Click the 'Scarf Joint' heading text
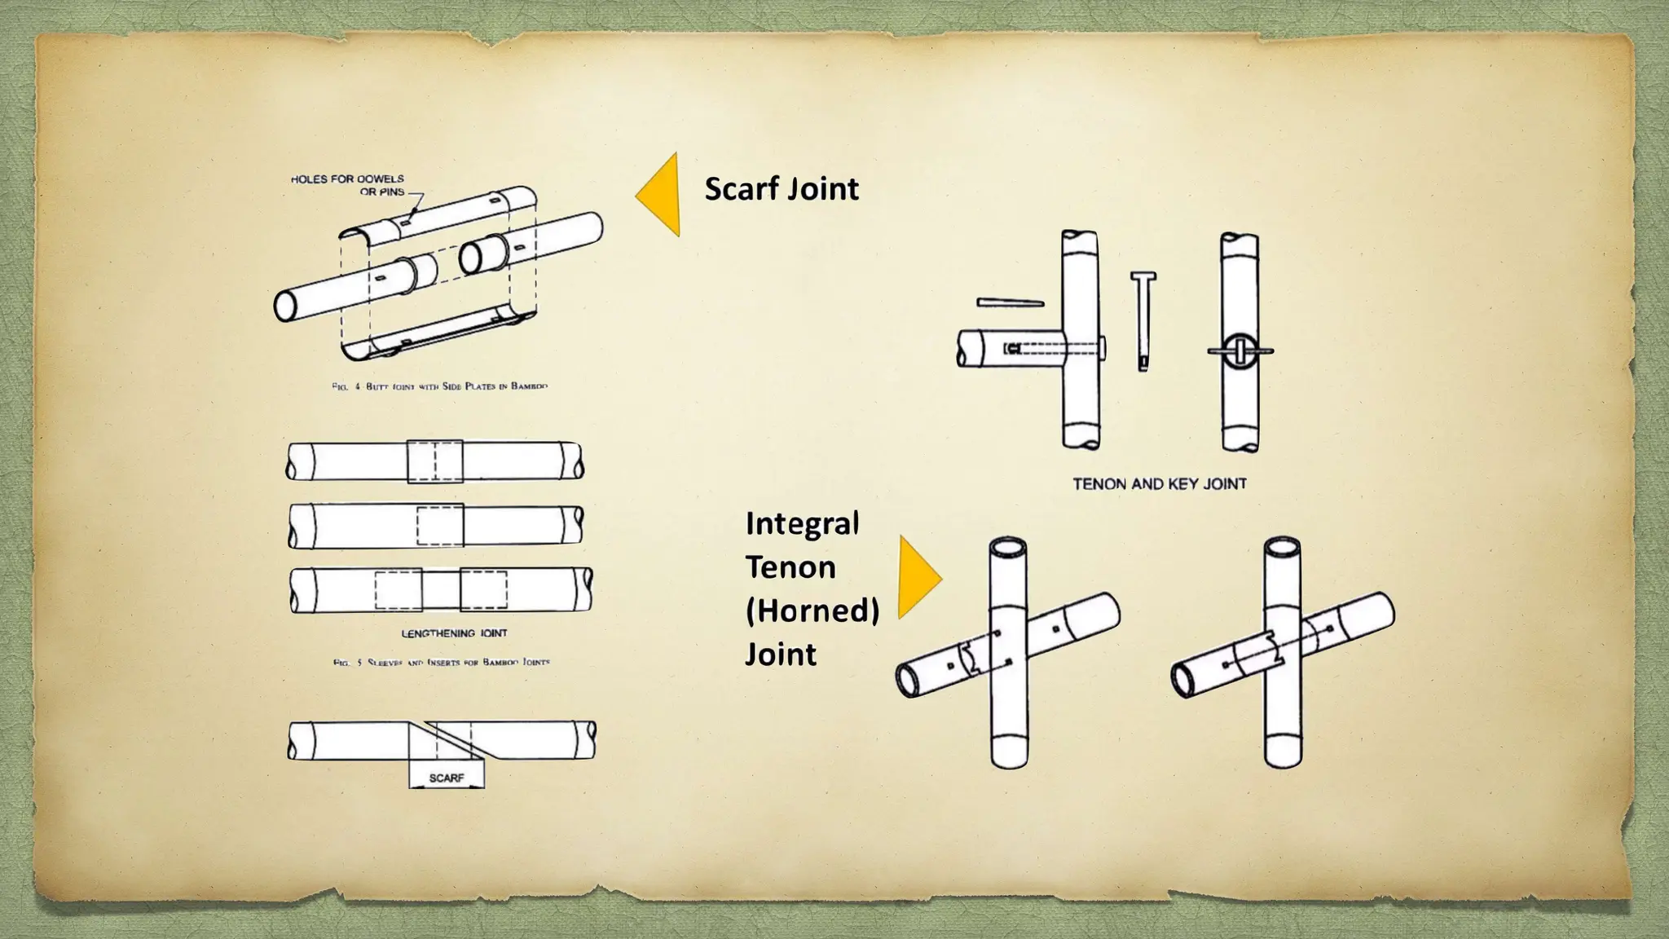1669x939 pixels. point(781,189)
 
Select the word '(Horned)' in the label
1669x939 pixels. point(812,611)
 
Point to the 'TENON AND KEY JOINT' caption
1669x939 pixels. point(1159,484)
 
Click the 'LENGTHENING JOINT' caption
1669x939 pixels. point(454,633)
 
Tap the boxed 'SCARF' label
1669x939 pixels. point(446,778)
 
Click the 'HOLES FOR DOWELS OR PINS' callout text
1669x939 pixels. point(348,185)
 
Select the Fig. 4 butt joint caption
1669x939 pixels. point(439,386)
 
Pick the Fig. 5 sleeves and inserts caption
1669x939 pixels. point(441,663)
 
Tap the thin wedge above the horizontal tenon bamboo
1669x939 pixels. point(1010,303)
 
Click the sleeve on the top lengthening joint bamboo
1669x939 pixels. point(435,461)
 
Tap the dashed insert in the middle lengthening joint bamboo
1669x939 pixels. point(440,525)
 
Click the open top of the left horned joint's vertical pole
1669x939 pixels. point(1008,546)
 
